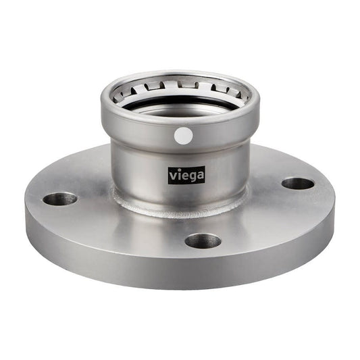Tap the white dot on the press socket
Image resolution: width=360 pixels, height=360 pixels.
click(183, 136)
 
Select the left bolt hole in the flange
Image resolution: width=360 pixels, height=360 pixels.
click(60, 199)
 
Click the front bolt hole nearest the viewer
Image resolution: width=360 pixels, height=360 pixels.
click(203, 240)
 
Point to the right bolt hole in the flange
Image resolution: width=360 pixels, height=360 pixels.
click(298, 183)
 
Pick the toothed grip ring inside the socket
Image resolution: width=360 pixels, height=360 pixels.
click(179, 90)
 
